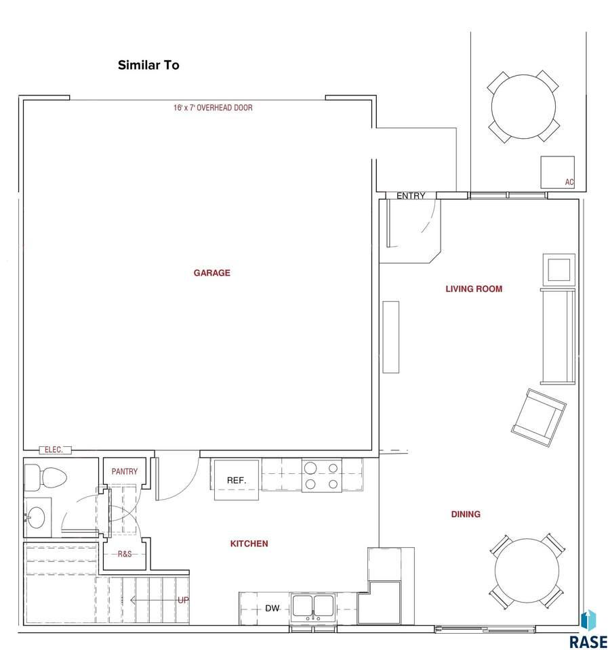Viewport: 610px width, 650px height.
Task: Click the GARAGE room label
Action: [x=211, y=273]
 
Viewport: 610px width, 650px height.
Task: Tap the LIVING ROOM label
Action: [x=474, y=289]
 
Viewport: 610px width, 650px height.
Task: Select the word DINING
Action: [x=466, y=514]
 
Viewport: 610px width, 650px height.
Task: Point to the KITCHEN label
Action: [x=249, y=544]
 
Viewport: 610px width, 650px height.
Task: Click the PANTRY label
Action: [x=125, y=471]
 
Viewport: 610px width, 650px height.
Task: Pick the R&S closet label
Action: [x=125, y=554]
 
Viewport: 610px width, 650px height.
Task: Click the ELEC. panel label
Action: [x=54, y=450]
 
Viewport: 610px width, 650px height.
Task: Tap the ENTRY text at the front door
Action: [x=411, y=196]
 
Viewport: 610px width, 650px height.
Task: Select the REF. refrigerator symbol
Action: [x=237, y=481]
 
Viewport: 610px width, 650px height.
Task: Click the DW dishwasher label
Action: [x=272, y=608]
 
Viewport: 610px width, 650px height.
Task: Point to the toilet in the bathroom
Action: [x=45, y=477]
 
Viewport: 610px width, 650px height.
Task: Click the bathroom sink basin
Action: [x=36, y=517]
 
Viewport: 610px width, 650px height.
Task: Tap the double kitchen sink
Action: [x=313, y=607]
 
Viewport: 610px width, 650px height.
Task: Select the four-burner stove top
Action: [x=321, y=475]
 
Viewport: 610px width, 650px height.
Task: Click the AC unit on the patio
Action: [x=557, y=172]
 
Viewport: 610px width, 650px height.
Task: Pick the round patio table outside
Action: [x=523, y=106]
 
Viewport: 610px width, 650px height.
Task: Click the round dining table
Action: [x=527, y=571]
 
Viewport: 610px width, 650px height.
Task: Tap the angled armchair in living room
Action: [x=539, y=418]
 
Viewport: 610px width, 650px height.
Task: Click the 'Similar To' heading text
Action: [x=148, y=65]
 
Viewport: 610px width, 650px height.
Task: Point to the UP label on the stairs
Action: [x=183, y=600]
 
